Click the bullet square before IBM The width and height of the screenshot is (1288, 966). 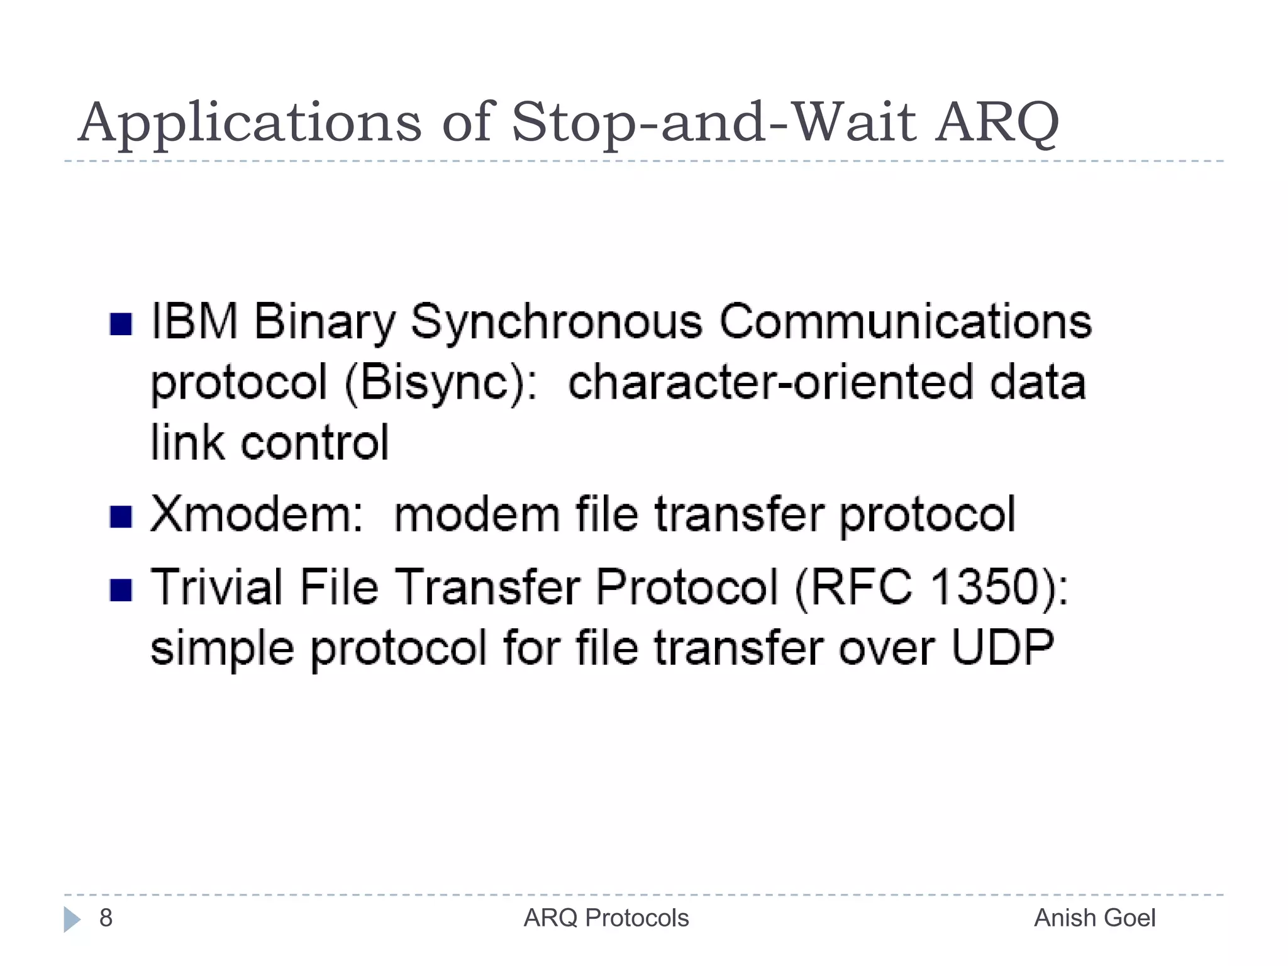pyautogui.click(x=120, y=325)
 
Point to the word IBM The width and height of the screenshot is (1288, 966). pyautogui.click(x=194, y=322)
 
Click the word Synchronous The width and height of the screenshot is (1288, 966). pyautogui.click(x=556, y=322)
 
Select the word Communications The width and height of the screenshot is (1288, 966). pyautogui.click(x=905, y=322)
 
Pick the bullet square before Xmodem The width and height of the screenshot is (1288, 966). pyautogui.click(x=120, y=517)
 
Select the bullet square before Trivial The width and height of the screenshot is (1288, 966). pyautogui.click(x=120, y=590)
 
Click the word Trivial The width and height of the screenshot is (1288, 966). pyautogui.click(x=216, y=587)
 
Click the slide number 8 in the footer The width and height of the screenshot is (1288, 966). pyautogui.click(x=106, y=918)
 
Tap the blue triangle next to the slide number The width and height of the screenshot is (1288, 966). pyautogui.click(x=72, y=919)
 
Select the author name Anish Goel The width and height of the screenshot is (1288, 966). pyautogui.click(x=1094, y=918)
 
